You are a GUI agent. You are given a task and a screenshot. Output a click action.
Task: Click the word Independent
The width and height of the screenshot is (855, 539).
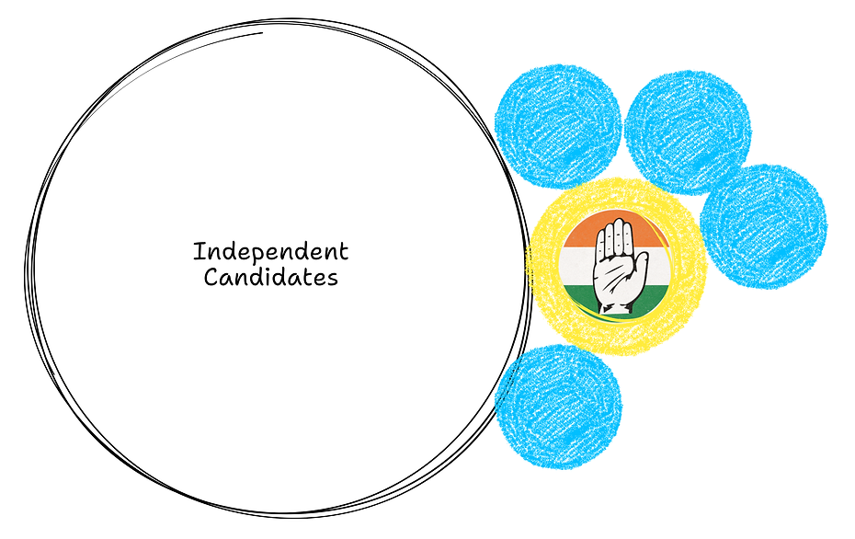point(270,251)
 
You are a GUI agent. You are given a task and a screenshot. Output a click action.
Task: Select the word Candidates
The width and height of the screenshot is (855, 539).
point(270,276)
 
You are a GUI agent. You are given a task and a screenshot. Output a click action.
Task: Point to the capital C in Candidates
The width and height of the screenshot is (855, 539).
point(211,276)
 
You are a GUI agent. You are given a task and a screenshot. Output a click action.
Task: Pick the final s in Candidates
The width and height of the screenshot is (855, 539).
point(333,277)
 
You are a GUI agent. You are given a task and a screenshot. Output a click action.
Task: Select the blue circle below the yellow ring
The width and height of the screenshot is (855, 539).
point(558,407)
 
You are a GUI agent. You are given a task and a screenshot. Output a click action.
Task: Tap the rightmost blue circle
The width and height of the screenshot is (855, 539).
point(763,226)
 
